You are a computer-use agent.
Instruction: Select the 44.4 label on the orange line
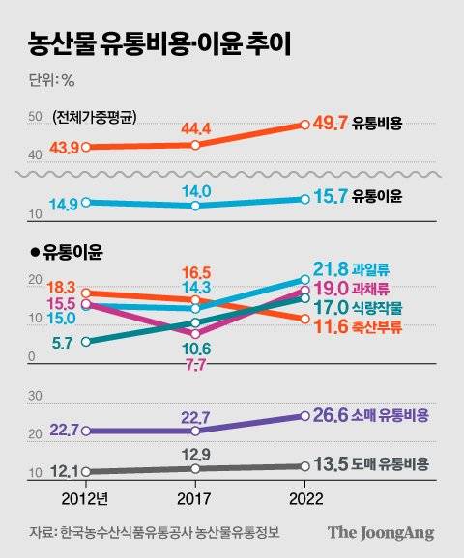pyautogui.click(x=195, y=127)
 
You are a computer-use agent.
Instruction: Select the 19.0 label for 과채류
pyautogui.click(x=332, y=289)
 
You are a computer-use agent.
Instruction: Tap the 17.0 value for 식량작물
pyautogui.click(x=332, y=309)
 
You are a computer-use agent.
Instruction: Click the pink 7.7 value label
pyautogui.click(x=195, y=365)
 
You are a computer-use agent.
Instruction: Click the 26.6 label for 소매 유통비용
pyautogui.click(x=332, y=417)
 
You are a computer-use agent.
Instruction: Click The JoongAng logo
pyautogui.click(x=380, y=532)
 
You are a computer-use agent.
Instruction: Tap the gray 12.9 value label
pyautogui.click(x=195, y=453)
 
